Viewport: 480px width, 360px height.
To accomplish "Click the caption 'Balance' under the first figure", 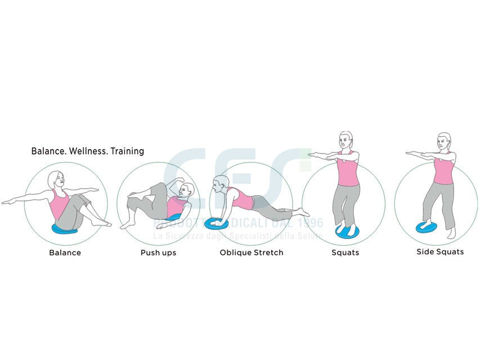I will [65, 253].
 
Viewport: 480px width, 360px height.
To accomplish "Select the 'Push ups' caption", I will [158, 253].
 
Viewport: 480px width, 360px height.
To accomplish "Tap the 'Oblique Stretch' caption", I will [251, 253].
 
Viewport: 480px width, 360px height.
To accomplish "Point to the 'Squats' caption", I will [345, 253].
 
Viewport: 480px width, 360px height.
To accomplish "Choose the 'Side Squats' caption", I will [440, 251].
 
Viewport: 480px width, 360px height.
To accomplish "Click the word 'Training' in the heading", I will [127, 151].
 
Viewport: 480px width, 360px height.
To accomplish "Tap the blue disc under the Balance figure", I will [66, 228].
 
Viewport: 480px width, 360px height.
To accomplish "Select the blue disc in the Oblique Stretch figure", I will [216, 223].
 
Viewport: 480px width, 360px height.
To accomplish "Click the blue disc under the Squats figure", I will [347, 231].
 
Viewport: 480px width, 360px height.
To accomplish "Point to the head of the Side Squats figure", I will [444, 141].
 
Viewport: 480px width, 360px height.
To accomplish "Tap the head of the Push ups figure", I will [187, 191].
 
